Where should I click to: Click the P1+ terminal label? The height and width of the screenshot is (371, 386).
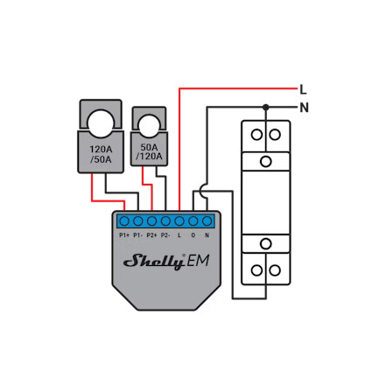(124, 235)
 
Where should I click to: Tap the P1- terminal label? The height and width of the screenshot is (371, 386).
(138, 235)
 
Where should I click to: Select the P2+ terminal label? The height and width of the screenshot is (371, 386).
(151, 235)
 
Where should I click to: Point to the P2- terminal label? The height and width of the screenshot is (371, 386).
(165, 235)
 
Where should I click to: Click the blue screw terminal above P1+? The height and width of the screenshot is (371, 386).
(124, 221)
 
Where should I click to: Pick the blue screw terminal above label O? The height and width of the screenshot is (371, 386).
(193, 221)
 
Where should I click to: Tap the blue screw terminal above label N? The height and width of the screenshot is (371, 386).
(207, 221)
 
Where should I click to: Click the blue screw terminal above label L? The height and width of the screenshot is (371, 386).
(179, 221)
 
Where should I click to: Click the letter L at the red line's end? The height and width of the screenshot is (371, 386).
(303, 89)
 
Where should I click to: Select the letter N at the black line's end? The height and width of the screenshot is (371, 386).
(304, 108)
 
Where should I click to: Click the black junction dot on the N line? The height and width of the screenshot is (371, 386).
(265, 108)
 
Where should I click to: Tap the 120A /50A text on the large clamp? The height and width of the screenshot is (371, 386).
(101, 154)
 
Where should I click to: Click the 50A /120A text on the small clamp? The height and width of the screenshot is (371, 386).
(149, 151)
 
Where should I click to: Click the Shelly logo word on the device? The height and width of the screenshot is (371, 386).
(154, 261)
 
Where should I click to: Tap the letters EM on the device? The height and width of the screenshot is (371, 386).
(198, 261)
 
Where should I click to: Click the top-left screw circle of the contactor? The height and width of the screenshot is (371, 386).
(256, 135)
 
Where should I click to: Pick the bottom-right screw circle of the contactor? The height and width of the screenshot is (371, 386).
(275, 270)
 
